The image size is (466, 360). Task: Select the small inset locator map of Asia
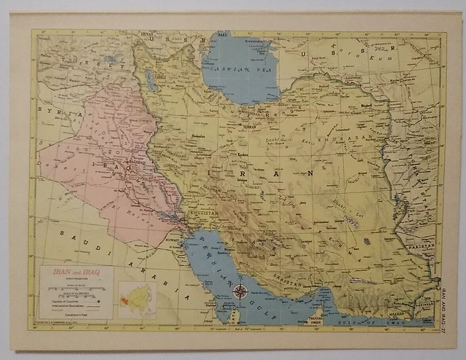click(x=137, y=298)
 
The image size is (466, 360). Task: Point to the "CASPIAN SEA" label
click(x=240, y=66)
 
